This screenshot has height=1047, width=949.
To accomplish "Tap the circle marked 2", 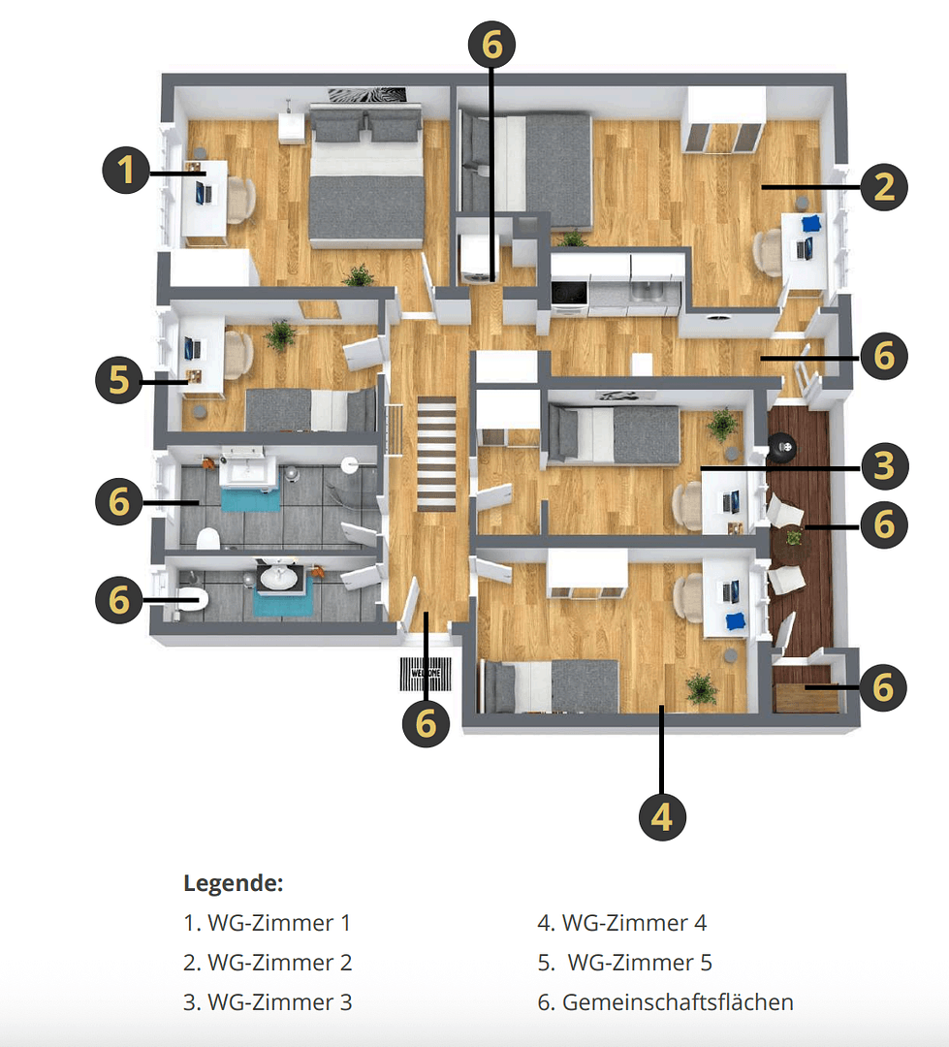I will coord(883,186).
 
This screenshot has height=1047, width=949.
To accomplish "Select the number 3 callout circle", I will coord(883,466).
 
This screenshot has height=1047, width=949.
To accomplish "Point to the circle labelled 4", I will coord(662,817).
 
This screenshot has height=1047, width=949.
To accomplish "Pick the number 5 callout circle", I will coord(119,380).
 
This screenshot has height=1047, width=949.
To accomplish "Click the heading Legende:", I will coord(233,883).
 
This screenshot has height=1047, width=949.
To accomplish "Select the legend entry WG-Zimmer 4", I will coord(622,923).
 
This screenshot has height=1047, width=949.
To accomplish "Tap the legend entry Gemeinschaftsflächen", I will coord(665,1001).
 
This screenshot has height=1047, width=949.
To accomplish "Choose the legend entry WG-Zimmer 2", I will coord(268,963).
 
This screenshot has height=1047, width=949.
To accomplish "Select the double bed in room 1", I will coord(366,179).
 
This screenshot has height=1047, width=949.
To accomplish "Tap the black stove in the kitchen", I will coord(568,292).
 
